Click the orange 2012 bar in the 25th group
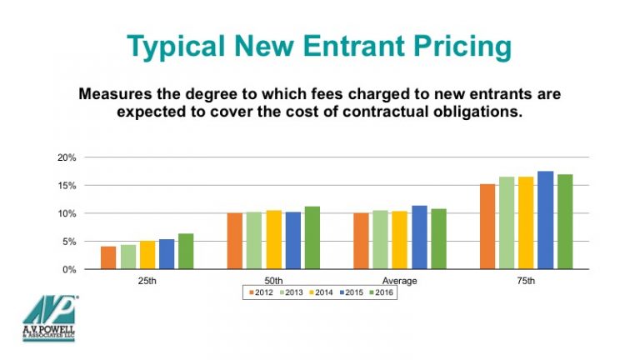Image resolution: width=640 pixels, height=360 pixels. click(108, 257)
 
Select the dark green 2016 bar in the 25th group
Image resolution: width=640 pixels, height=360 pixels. click(186, 252)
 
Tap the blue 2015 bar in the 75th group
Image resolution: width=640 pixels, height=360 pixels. click(546, 220)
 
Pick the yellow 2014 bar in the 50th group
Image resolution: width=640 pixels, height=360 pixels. click(273, 240)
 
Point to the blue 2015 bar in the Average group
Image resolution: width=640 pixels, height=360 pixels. click(419, 237)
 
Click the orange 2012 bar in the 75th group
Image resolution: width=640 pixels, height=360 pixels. click(487, 227)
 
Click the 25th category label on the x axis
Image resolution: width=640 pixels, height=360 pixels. click(147, 281)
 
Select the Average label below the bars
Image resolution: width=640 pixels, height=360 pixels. click(399, 281)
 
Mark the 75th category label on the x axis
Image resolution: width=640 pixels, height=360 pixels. click(526, 281)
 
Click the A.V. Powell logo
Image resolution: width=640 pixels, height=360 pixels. click(49, 317)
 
